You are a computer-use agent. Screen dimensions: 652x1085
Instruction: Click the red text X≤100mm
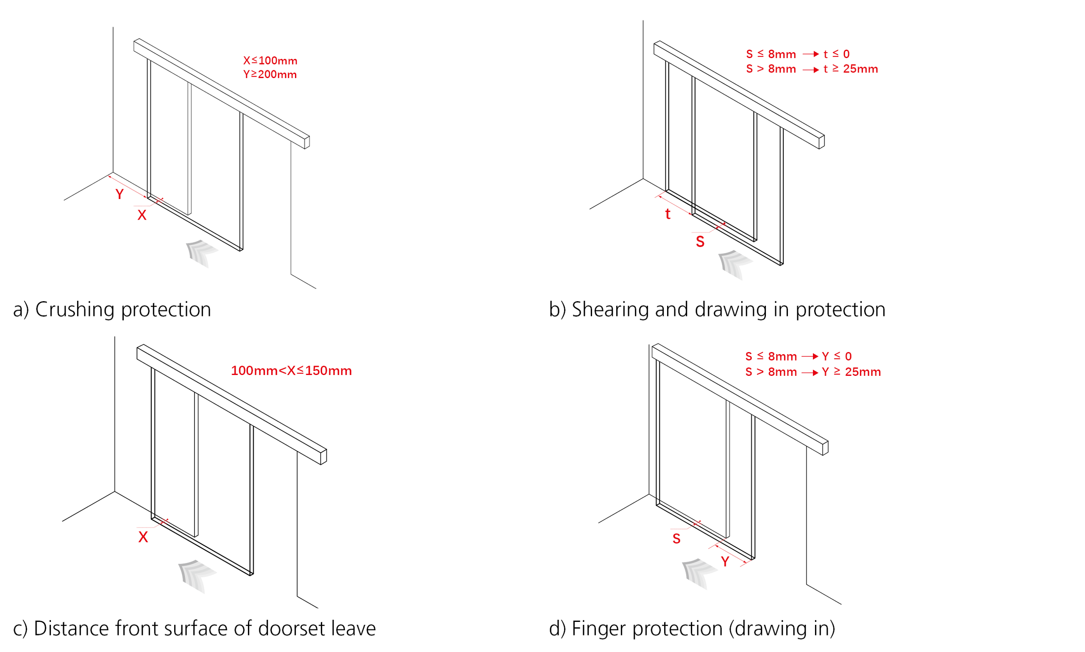[270, 61]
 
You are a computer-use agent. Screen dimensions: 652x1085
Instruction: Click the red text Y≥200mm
[270, 74]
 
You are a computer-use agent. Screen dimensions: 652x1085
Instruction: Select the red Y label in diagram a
[120, 194]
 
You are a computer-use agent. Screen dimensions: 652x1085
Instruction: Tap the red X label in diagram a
[142, 215]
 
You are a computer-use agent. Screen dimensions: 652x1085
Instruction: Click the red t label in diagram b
[668, 214]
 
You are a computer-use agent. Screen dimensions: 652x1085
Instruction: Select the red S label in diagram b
[700, 242]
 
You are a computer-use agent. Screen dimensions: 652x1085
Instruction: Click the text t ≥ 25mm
[850, 69]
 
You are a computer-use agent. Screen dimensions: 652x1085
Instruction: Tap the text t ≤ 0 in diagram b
[836, 54]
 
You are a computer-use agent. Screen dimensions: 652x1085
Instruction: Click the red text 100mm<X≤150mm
[291, 370]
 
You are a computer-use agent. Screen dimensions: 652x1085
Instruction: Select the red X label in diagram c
[143, 537]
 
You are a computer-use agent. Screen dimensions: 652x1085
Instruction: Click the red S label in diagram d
[676, 539]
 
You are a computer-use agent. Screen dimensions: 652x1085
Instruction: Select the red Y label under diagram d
[725, 562]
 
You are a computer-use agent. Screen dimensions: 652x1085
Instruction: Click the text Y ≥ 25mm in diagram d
[851, 372]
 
